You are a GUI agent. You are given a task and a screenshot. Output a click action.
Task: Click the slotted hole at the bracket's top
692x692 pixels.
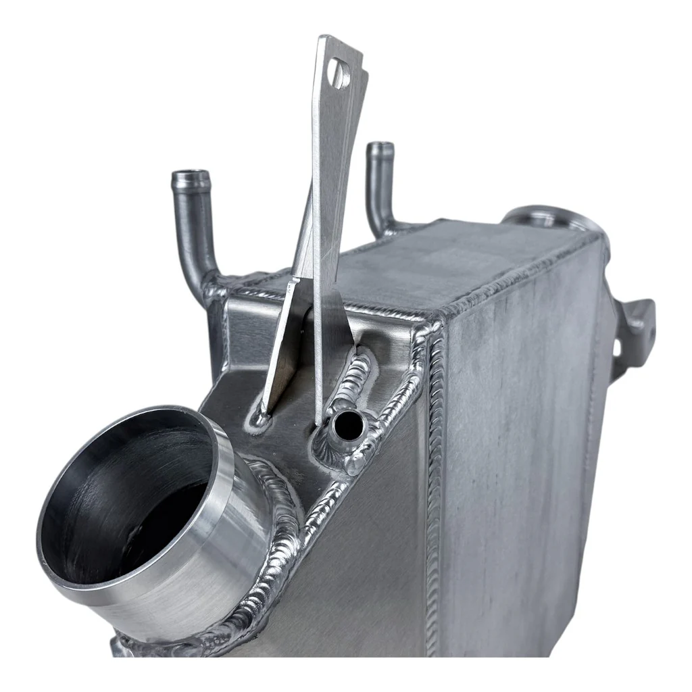(x=339, y=74)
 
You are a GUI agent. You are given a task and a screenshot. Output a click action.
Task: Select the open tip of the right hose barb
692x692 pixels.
(x=381, y=147)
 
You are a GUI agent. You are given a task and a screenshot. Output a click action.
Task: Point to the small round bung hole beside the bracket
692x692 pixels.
(x=347, y=424)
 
